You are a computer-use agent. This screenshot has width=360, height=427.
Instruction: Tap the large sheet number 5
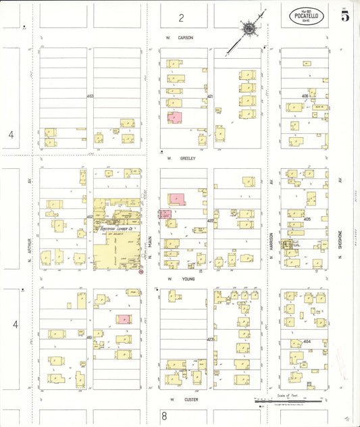[344, 16]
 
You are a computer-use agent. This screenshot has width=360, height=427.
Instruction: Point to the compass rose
[250, 29]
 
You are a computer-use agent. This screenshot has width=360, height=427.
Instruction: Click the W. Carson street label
[180, 38]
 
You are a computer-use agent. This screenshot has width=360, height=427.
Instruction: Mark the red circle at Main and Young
[141, 272]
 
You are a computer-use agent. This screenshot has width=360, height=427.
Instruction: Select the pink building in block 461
[124, 319]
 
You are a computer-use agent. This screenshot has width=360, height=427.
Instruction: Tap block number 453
[90, 97]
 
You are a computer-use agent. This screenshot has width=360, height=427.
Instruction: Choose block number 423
[210, 338]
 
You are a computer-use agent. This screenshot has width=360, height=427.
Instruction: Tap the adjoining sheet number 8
[163, 416]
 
